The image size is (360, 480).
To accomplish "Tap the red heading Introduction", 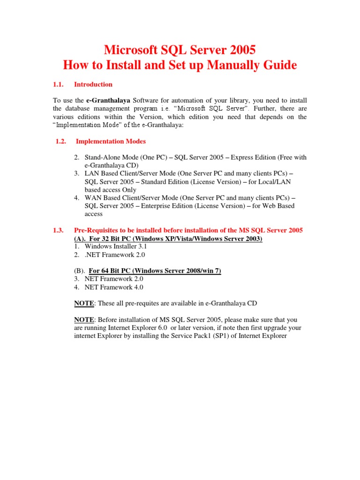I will point(93,84).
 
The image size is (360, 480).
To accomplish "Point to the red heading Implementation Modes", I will point(111,141).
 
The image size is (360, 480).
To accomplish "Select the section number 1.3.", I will point(58,230).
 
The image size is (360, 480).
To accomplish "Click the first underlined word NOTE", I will point(84,303).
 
